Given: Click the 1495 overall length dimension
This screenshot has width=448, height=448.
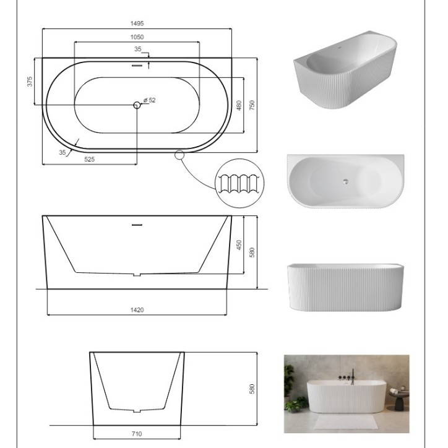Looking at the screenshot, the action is pos(137,24).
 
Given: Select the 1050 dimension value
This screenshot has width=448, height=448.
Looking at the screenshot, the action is pos(137,37).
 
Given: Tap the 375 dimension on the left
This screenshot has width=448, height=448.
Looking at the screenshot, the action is pos(30,82).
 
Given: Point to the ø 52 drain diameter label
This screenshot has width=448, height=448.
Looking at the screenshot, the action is pos(149,100).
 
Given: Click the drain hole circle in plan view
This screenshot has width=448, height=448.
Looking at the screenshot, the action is pos(137,105).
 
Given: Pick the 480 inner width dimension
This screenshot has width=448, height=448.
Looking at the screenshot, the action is pos(239,105).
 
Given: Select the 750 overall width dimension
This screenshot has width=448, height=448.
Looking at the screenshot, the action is pos(252,105).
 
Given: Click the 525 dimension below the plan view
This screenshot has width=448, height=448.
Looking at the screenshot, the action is pos(90,160).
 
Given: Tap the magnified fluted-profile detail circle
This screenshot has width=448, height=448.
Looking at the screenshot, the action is pos(239,183).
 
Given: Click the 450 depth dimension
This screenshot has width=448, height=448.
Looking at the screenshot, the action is pos(239,245).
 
